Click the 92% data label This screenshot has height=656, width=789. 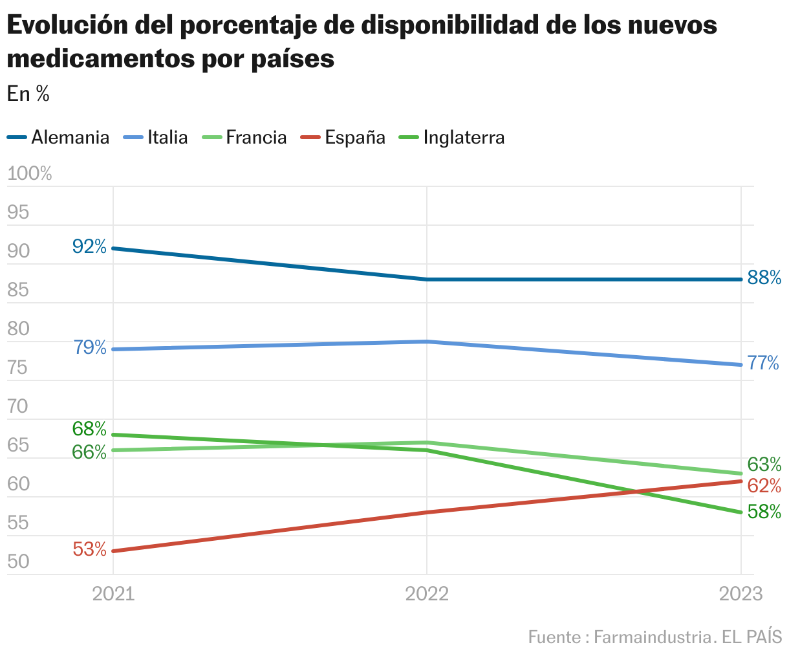click(89, 246)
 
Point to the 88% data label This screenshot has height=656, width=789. click(764, 278)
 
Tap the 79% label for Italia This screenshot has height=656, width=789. click(90, 347)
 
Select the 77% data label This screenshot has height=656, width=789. click(764, 364)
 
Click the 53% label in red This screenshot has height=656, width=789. click(89, 550)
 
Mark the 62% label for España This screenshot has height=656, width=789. click(764, 486)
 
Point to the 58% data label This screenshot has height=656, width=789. click(764, 512)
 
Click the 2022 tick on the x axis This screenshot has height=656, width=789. click(427, 594)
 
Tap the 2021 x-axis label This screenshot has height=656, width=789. click(113, 594)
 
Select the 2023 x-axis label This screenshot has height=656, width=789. click(740, 594)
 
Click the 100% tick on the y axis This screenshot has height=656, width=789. click(29, 173)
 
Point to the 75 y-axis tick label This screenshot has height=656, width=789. click(18, 368)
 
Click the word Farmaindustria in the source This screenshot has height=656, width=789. click(652, 637)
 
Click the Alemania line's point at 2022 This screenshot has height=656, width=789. click(427, 279)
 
